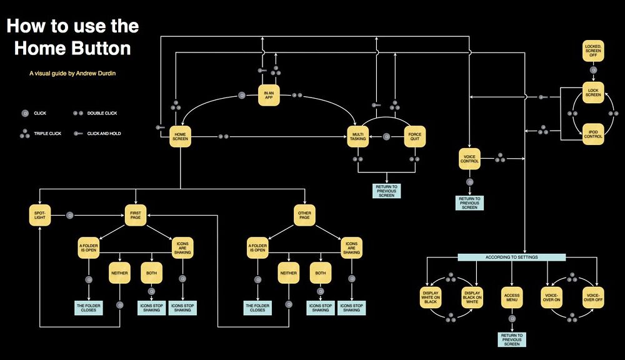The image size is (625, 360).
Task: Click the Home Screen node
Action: tap(181, 137)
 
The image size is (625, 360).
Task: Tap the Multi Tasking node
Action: tap(358, 137)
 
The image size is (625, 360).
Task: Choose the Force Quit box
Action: tap(414, 137)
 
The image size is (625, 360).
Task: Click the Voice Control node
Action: tap(469, 158)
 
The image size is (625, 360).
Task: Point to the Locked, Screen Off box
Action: tap(593, 50)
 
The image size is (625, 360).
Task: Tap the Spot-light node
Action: tap(39, 216)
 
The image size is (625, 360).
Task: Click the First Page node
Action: tap(135, 216)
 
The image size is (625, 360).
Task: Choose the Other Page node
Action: tap(304, 216)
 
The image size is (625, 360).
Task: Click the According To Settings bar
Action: tap(511, 257)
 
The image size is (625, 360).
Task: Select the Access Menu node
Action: tap(511, 297)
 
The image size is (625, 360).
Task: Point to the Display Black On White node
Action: tap(472, 297)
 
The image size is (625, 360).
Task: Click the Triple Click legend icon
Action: tap(25, 133)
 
